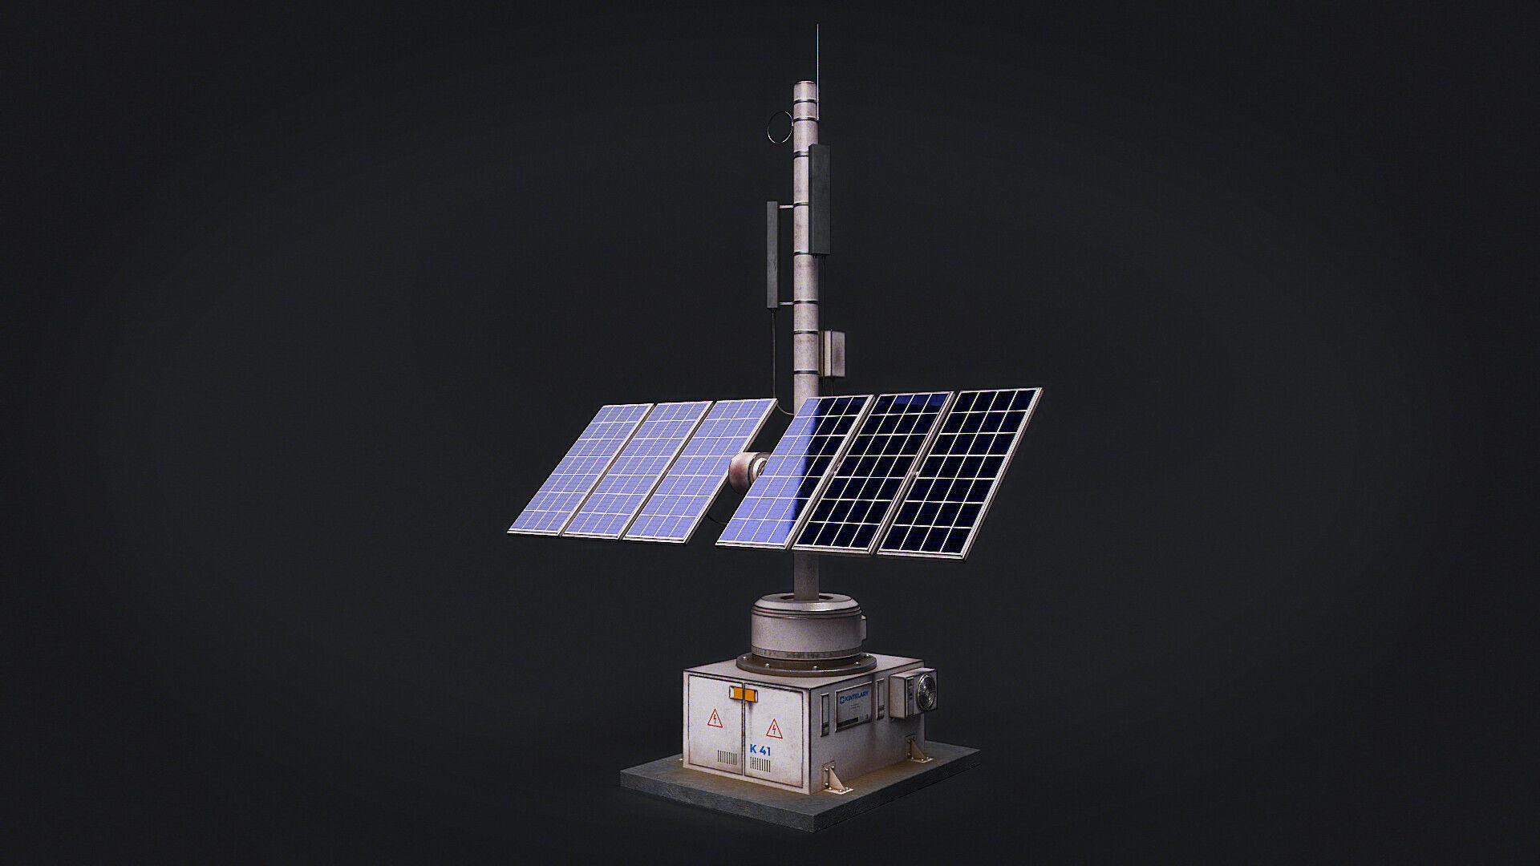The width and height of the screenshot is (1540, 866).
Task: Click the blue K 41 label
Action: coord(760,751)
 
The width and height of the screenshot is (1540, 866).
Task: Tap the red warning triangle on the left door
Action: coord(714,718)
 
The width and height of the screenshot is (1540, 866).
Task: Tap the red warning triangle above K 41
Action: coord(774,729)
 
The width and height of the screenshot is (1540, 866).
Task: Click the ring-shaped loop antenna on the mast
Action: coord(780,127)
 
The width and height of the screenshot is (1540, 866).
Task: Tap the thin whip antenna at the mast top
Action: coord(817,52)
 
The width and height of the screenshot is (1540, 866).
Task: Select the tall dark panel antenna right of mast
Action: coord(819,199)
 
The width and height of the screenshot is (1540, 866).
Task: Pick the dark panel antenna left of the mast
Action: coord(772,254)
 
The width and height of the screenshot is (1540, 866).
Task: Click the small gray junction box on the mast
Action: coord(833,353)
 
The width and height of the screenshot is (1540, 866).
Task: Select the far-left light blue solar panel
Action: coord(579,469)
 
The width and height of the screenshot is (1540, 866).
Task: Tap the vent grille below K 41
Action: coord(760,764)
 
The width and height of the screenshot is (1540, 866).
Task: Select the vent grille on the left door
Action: coord(727,758)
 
